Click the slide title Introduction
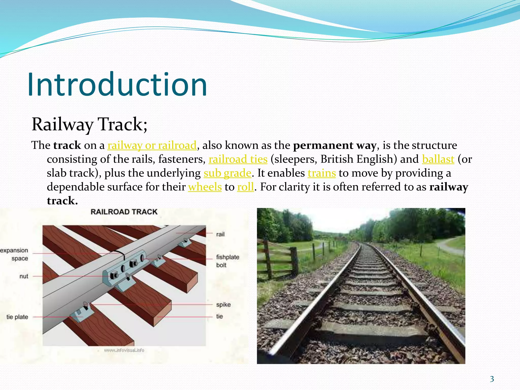click(117, 84)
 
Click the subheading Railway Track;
click(89, 124)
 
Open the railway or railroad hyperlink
click(152, 145)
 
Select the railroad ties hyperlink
click(238, 159)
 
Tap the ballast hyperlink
click(438, 159)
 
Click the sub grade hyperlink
click(227, 173)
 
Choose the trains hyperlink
click(322, 173)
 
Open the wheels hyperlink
click(205, 187)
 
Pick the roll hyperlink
click(245, 187)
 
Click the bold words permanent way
click(334, 145)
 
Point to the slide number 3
click(492, 379)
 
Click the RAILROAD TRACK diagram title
click(124, 212)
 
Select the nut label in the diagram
click(24, 276)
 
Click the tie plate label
click(17, 317)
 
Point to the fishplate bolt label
click(227, 261)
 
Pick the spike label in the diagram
click(223, 304)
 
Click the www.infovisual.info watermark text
click(124, 350)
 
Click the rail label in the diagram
click(220, 234)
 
